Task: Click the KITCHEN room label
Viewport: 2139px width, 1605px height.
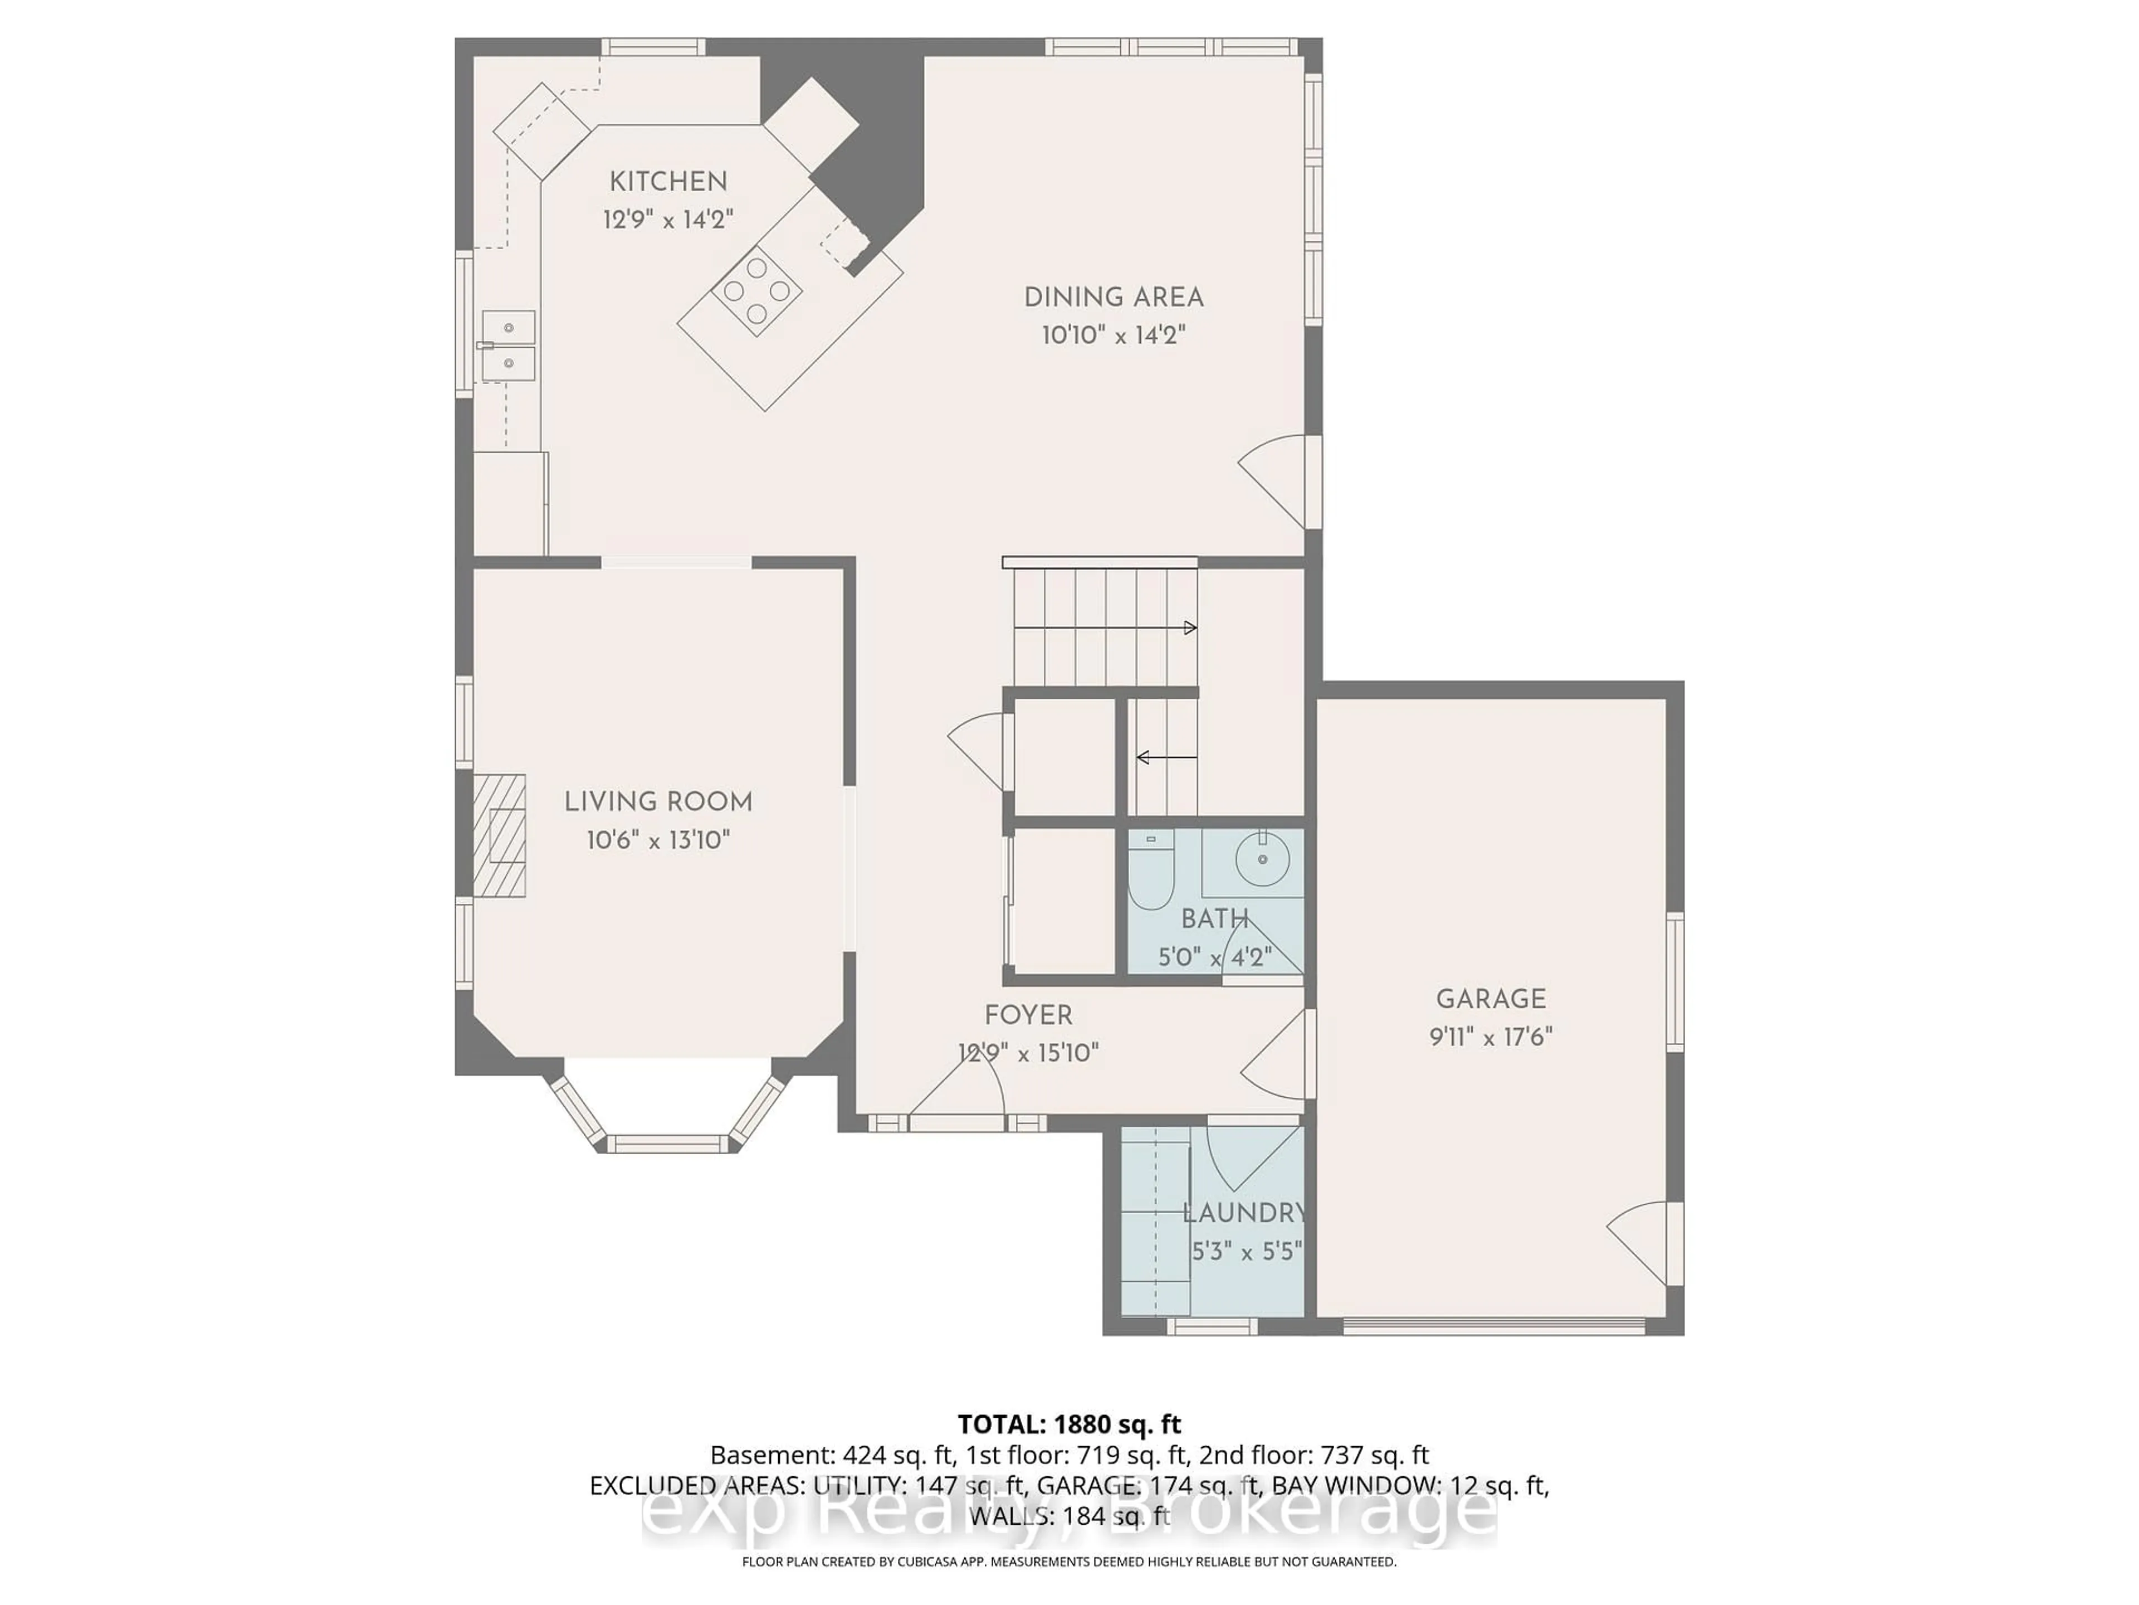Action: coord(667,182)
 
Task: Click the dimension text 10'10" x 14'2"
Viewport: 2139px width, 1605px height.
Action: coord(1113,335)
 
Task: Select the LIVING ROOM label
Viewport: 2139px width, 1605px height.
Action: coord(657,802)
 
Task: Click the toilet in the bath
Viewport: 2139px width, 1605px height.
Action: coord(1151,870)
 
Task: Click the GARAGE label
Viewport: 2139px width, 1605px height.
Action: coord(1490,999)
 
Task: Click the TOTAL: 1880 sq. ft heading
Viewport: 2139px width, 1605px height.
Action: coord(1068,1424)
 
